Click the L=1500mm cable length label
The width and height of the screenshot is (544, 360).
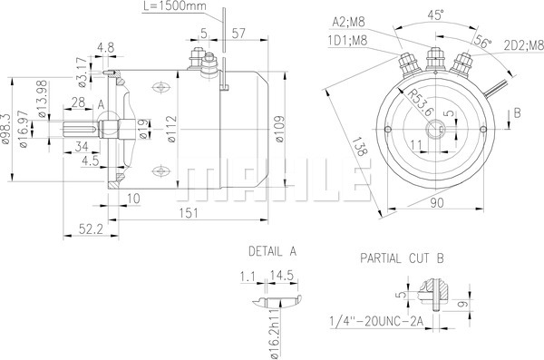coord(174,6)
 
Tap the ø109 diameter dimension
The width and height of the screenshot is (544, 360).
coord(280,129)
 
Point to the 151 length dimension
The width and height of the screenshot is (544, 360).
coord(189,213)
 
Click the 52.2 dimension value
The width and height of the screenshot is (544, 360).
coord(91,229)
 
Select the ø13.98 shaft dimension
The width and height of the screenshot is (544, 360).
coord(42,99)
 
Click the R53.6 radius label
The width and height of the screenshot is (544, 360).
coord(421,102)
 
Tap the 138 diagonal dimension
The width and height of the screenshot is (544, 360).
coord(359,147)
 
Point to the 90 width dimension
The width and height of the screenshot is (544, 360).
coord(437,203)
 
